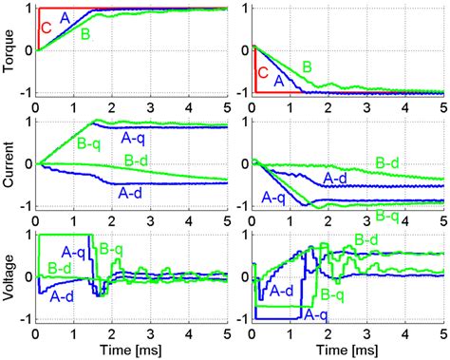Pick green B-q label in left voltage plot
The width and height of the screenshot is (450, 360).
[111, 251]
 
